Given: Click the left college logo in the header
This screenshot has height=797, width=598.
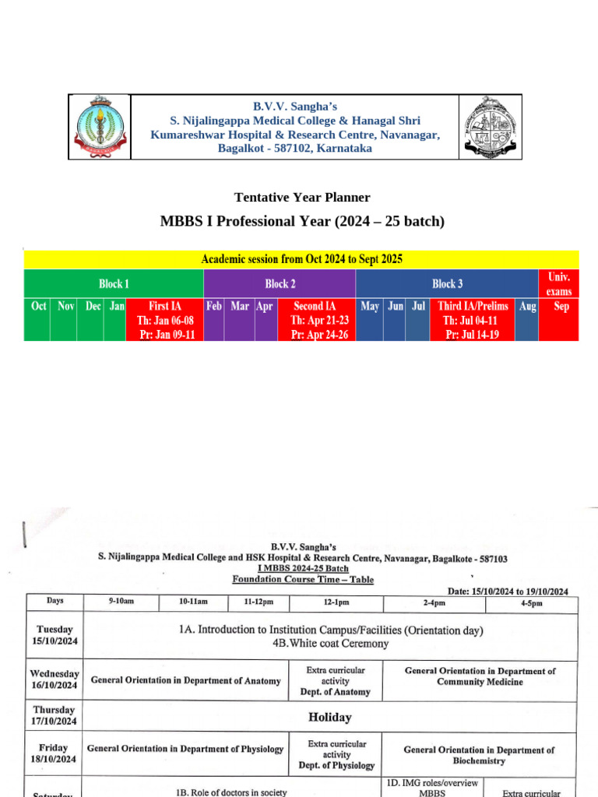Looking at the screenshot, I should [99, 126].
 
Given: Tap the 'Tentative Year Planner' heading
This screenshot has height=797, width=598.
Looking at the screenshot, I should [302, 198].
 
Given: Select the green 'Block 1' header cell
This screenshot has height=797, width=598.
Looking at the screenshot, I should [114, 283].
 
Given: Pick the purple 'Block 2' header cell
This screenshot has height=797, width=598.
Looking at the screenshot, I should [280, 283].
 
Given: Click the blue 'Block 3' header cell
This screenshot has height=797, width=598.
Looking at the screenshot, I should [447, 283].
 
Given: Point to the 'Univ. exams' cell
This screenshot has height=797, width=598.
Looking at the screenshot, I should [558, 283].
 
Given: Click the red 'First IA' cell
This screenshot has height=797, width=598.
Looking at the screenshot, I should [164, 320].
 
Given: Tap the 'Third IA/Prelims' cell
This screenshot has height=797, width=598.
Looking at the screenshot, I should [473, 320].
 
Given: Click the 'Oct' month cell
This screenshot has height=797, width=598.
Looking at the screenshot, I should [37, 320].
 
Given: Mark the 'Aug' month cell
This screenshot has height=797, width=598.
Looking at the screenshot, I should [527, 320].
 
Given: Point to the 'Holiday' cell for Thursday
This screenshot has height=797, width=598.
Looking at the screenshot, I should [330, 717].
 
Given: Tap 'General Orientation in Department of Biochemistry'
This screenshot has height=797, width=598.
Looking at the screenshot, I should [479, 755].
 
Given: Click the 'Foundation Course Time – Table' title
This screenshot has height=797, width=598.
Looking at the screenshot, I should [303, 579].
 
